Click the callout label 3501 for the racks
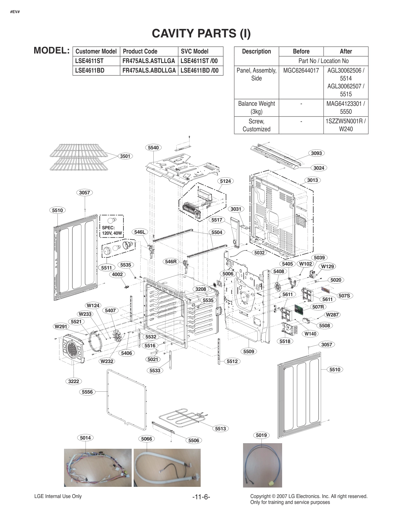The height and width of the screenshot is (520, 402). [125, 156]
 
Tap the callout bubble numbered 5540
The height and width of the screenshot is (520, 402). [153, 148]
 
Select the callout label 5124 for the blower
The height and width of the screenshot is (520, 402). [225, 181]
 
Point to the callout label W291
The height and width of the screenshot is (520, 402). [61, 327]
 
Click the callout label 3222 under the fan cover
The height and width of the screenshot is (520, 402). [74, 381]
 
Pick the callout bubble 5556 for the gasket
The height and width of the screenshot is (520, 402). [87, 392]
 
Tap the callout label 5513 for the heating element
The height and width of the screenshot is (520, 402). [221, 428]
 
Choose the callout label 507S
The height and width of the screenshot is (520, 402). [344, 296]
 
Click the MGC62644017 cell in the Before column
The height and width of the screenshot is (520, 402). [301, 70]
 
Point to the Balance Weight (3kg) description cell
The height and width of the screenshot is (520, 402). [256, 107]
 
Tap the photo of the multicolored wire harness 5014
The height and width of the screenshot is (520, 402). [98, 468]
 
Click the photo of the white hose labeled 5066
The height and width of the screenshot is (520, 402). [167, 468]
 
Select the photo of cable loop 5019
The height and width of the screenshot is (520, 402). [262, 466]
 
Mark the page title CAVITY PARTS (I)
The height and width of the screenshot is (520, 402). [201, 33]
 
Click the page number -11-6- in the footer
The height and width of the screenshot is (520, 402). [201, 497]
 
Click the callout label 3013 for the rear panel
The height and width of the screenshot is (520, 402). [313, 180]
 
